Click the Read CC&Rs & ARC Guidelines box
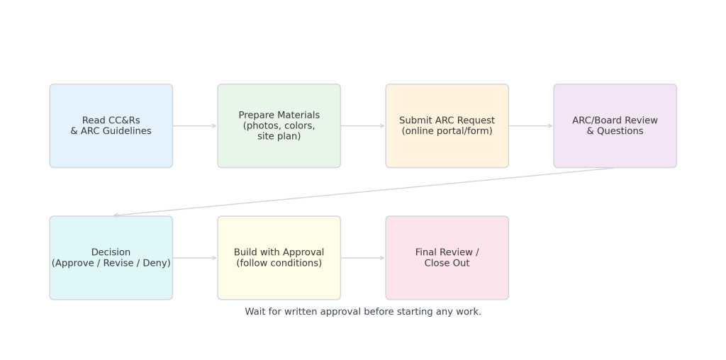(111, 126)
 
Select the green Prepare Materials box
(279, 126)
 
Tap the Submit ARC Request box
(447, 126)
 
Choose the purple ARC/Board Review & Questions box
(615, 126)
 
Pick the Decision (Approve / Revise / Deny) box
(111, 258)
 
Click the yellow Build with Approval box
(279, 258)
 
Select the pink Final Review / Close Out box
(447, 258)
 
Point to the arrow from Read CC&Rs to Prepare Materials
(195, 126)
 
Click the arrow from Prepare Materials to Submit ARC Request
(363, 126)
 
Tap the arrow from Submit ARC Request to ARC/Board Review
(531, 126)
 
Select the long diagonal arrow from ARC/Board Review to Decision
(364, 191)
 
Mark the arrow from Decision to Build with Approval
(195, 258)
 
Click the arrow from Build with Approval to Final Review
(363, 258)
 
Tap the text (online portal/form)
(447, 131)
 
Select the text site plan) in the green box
(279, 137)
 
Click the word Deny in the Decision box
(159, 264)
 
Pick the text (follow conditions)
(279, 264)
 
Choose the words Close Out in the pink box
(447, 264)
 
